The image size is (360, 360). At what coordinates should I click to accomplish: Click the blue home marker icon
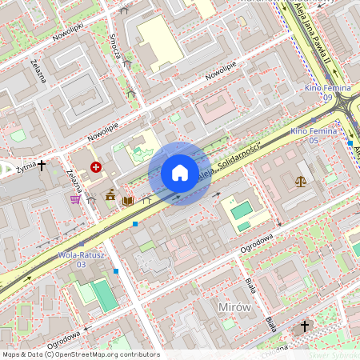coord(180,173)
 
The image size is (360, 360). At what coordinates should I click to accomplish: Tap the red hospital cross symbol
coord(96,166)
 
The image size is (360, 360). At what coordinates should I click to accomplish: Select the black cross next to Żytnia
coord(42,166)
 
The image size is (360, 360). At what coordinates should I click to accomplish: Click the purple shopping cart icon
coord(75,198)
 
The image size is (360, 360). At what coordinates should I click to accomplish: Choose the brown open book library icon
coord(127,200)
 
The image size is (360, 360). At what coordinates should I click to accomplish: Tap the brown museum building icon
coord(110,194)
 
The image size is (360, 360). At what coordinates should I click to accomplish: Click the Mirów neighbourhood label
coord(234,307)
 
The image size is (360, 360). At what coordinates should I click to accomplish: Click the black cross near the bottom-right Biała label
coord(304,326)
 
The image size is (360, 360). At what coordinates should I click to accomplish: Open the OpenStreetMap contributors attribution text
coord(80,354)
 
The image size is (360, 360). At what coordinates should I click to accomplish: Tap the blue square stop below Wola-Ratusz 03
coord(117,271)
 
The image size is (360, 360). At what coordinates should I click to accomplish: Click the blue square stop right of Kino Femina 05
coord(350,142)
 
